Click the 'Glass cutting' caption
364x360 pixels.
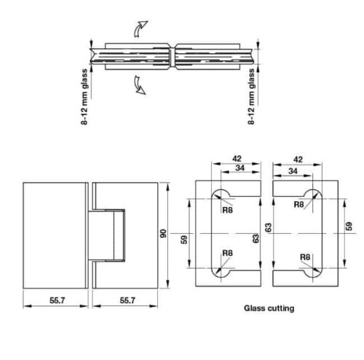coord(269,308)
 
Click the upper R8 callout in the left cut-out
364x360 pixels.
coord(228,206)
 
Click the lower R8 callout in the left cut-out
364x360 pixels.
coord(227,253)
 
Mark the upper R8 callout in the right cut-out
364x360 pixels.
coord(298,205)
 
